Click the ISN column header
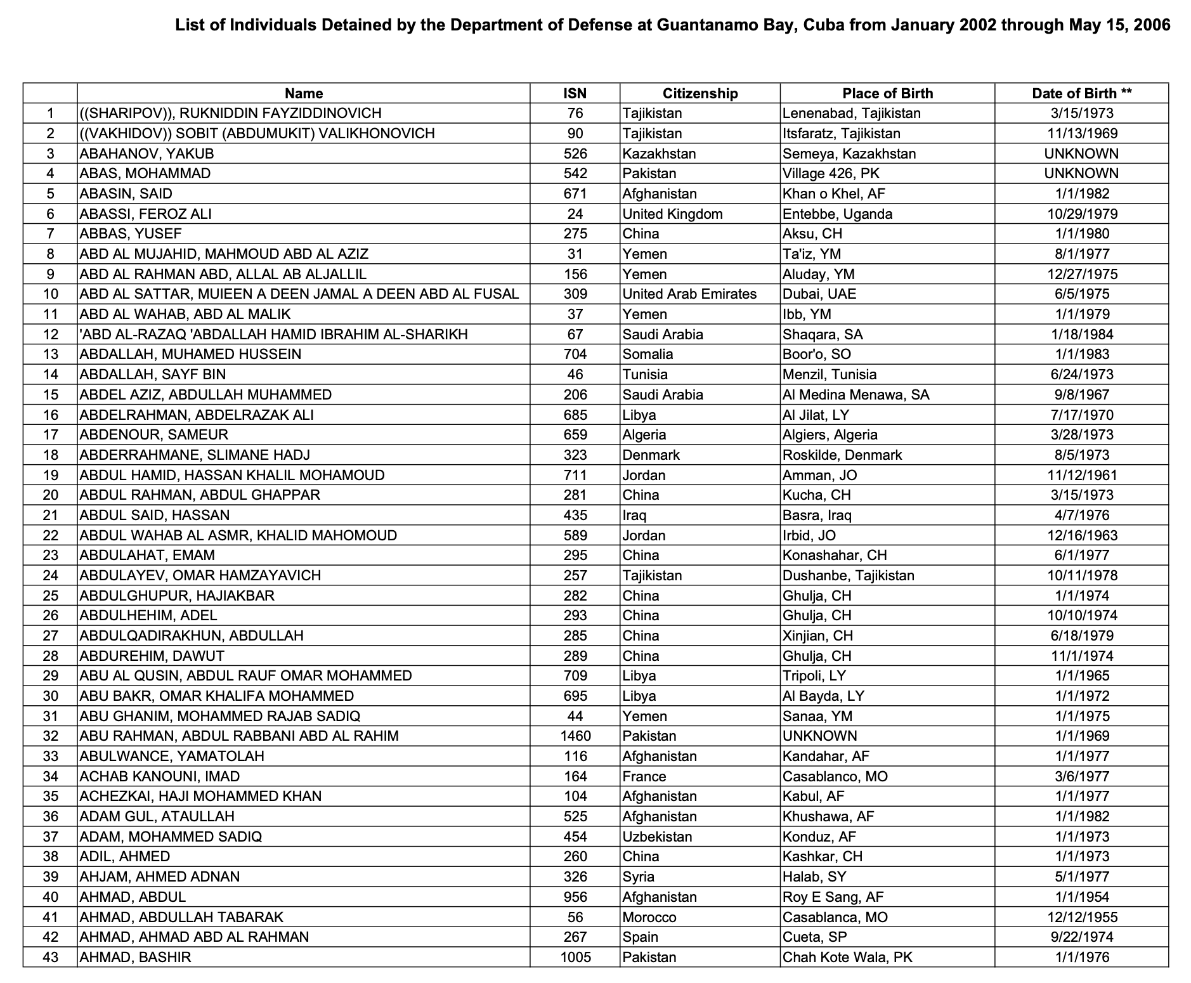click(x=575, y=93)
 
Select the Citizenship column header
click(x=700, y=93)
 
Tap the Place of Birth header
click(x=887, y=93)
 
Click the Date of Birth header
click(x=1081, y=93)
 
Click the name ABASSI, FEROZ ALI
click(x=146, y=214)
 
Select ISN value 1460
click(x=575, y=736)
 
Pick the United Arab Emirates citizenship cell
click(x=689, y=294)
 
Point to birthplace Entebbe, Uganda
click(x=837, y=214)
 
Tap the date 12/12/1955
click(x=1082, y=916)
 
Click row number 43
click(x=50, y=956)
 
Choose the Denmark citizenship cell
click(x=651, y=455)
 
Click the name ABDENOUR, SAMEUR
click(x=154, y=434)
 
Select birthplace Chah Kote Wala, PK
click(x=847, y=956)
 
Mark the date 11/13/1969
click(x=1082, y=133)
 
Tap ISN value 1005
click(x=575, y=956)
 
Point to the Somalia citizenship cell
click(x=648, y=354)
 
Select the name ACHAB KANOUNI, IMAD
click(x=160, y=776)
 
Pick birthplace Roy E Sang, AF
click(x=833, y=897)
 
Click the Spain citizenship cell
click(x=640, y=937)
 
